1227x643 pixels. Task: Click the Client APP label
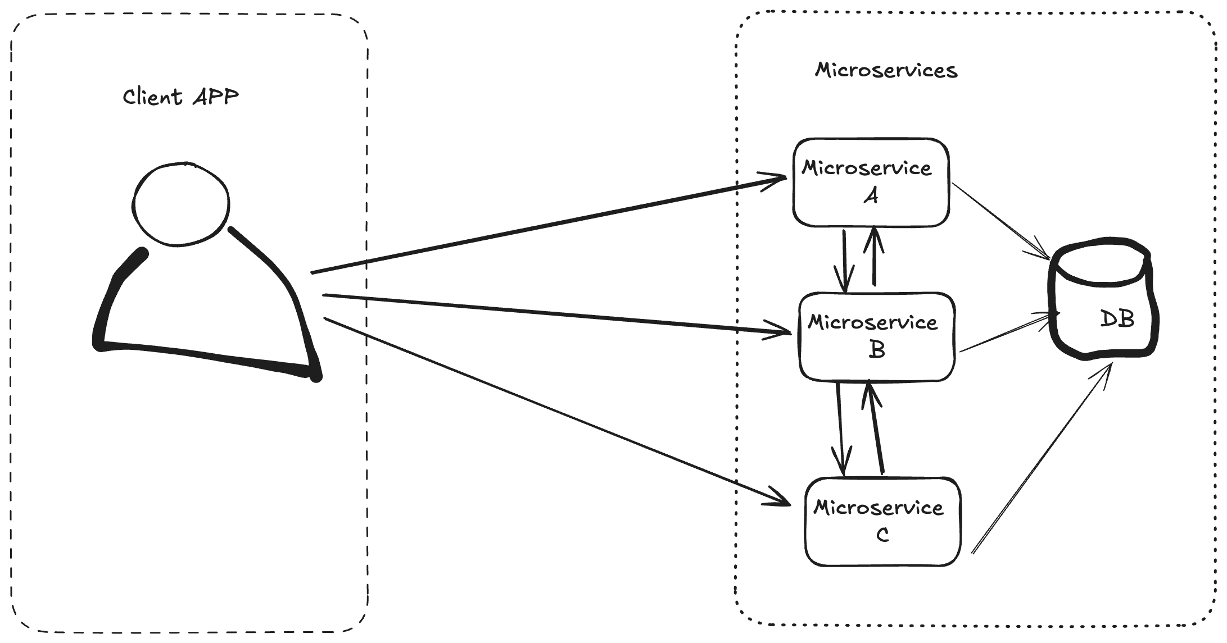coord(180,97)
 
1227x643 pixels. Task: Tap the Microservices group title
coord(886,71)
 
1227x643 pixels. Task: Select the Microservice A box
coord(871,183)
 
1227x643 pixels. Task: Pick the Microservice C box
coord(882,521)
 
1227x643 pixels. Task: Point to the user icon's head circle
coord(181,204)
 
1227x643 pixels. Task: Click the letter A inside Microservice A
coord(871,196)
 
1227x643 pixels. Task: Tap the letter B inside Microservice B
coord(877,350)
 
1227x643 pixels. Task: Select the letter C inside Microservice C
coord(882,535)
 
